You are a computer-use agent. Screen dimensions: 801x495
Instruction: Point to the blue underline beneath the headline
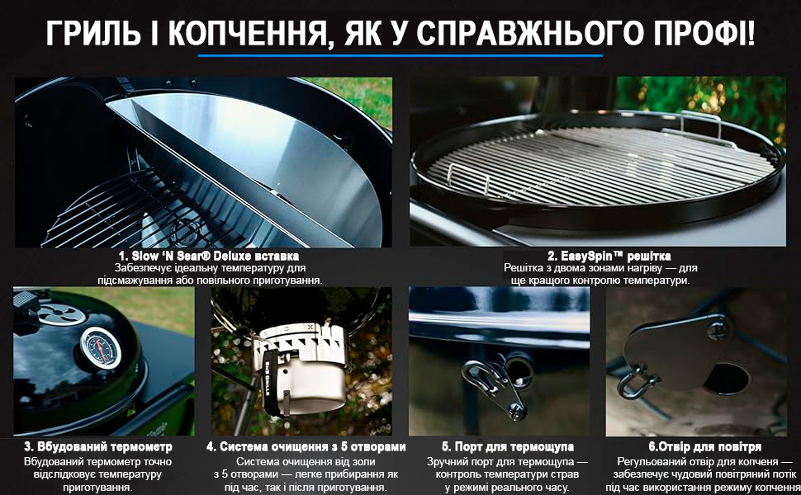click(x=400, y=55)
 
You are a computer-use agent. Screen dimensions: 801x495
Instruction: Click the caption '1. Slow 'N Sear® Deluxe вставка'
click(x=209, y=256)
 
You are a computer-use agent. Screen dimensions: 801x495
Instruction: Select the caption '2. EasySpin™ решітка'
click(x=609, y=256)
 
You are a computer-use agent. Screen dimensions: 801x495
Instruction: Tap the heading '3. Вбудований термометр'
click(x=98, y=447)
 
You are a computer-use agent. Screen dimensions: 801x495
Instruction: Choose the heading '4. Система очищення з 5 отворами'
click(x=306, y=447)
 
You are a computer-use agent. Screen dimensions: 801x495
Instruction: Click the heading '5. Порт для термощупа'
click(x=508, y=447)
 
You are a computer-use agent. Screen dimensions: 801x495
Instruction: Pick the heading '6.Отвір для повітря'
click(x=705, y=447)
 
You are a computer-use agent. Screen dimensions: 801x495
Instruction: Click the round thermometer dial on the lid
click(x=101, y=348)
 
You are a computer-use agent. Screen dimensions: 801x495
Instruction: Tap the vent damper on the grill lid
click(x=62, y=313)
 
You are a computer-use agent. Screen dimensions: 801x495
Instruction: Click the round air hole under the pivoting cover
click(x=728, y=378)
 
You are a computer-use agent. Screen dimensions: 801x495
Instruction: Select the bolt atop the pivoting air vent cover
click(x=718, y=328)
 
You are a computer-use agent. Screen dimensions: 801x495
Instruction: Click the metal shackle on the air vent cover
click(x=633, y=383)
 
